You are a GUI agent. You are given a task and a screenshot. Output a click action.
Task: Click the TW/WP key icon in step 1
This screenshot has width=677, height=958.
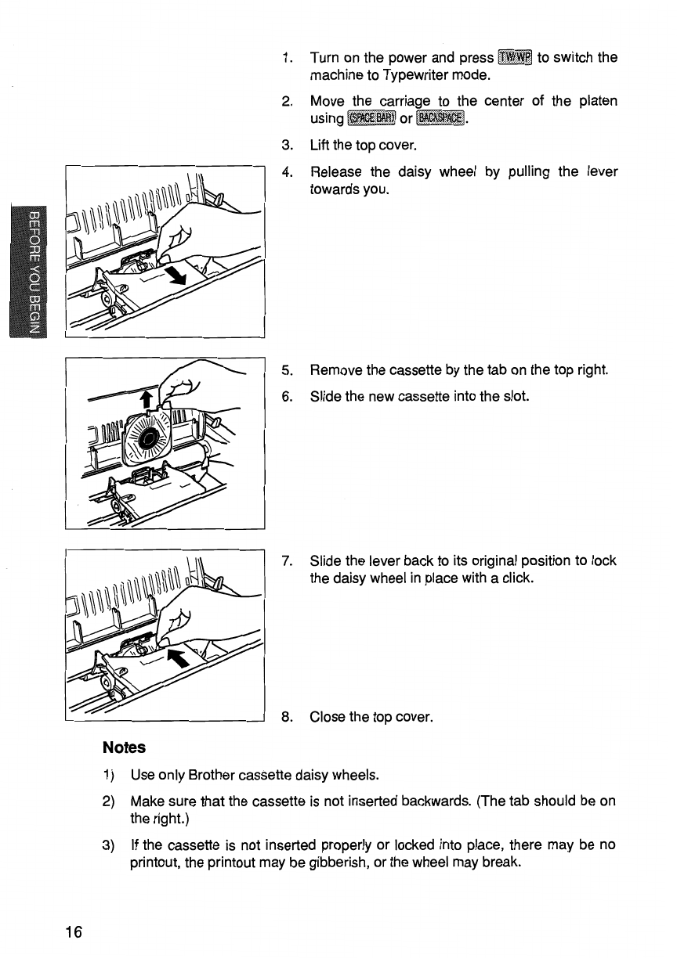click(515, 58)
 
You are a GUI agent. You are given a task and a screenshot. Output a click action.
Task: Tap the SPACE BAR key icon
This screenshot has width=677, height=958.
click(371, 119)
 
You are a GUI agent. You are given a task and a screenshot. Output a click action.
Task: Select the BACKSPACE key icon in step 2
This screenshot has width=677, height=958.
click(442, 119)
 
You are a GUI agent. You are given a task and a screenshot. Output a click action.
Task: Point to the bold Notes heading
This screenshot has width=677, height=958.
click(124, 747)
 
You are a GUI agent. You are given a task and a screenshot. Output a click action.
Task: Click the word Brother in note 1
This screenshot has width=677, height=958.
click(213, 776)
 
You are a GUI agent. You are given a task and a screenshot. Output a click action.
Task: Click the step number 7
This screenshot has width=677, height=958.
click(288, 561)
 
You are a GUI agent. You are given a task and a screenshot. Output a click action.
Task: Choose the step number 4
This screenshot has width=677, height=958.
click(288, 171)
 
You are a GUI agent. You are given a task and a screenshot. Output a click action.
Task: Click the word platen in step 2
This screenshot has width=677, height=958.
click(599, 101)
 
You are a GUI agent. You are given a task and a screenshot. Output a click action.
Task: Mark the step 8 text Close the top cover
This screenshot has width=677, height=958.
click(371, 716)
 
